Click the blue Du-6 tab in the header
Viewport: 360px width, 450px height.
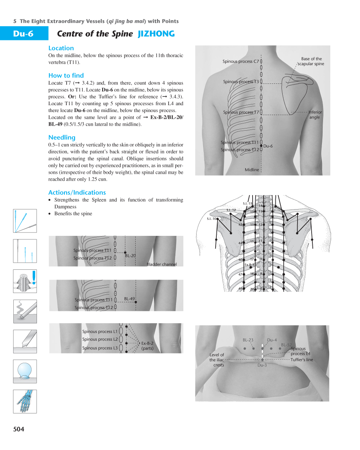click(x=24, y=34)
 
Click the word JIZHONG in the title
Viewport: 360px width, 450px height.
click(x=156, y=34)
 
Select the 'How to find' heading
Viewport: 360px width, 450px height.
click(x=66, y=75)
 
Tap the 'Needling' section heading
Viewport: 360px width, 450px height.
click(x=62, y=138)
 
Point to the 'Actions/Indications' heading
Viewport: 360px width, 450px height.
click(x=77, y=192)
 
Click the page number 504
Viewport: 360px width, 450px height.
click(x=19, y=429)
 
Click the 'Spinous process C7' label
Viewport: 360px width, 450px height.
click(x=241, y=61)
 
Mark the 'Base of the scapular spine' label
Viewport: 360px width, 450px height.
click(x=311, y=61)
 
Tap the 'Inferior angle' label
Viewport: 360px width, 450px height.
click(x=315, y=115)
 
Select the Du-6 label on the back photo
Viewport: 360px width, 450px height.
click(x=268, y=146)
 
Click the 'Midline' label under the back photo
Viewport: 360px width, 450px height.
click(x=252, y=170)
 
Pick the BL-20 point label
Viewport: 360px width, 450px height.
click(x=130, y=256)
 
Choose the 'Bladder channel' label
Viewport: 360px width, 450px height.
click(x=162, y=264)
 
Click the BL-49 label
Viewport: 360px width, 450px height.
click(x=130, y=299)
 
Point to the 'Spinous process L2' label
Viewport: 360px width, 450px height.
click(x=100, y=339)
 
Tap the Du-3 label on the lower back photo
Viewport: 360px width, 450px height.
click(x=262, y=365)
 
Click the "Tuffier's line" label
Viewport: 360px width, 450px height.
click(x=302, y=359)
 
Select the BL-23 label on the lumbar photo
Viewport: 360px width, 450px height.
click(x=248, y=340)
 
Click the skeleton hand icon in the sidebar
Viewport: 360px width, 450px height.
click(x=25, y=401)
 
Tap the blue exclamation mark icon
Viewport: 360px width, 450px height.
click(x=34, y=277)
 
